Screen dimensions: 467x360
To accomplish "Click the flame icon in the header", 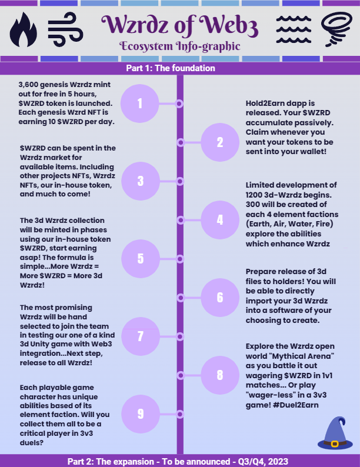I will (x=23, y=31).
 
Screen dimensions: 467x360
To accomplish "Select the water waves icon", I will (x=294, y=27).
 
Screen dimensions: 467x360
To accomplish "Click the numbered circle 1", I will (x=140, y=104).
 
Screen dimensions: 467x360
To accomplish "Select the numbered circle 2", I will (x=220, y=142).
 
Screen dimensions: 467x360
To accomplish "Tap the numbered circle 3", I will (x=140, y=181).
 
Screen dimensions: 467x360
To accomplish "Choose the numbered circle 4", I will (x=220, y=219).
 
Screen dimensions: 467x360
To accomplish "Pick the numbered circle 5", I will (x=140, y=259).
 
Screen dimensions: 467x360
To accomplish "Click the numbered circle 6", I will (x=220, y=297).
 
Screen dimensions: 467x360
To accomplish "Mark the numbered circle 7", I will (x=140, y=336).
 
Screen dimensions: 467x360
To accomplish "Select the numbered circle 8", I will (x=220, y=375).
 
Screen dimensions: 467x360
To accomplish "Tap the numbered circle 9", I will (x=140, y=413).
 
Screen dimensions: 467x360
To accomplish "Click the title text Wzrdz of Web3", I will (x=179, y=25).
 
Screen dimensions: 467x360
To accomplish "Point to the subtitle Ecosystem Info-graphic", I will (x=179, y=46).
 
